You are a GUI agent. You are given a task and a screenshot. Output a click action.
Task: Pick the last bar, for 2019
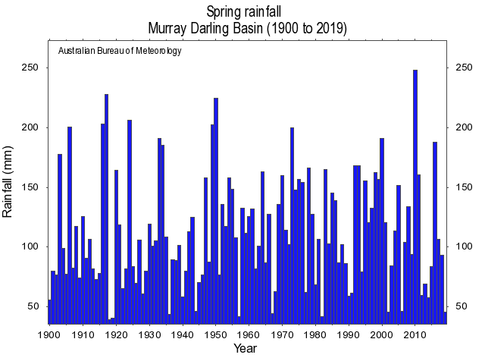point(445,318)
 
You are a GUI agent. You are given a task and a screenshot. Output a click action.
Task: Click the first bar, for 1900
point(50,312)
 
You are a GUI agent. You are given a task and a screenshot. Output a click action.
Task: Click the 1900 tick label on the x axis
point(50,334)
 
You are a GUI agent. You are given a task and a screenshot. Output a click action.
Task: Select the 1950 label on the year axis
point(216,334)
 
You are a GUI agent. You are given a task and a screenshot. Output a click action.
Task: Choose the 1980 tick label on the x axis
point(315,334)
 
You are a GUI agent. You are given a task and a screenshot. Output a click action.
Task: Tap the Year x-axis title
point(245,349)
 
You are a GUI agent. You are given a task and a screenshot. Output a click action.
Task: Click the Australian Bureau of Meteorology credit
point(120,51)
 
